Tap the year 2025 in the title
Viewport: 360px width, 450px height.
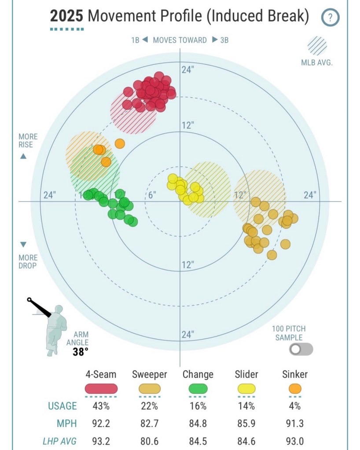click(66, 17)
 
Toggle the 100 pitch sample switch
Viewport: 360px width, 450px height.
click(301, 349)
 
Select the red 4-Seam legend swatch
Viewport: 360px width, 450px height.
click(101, 389)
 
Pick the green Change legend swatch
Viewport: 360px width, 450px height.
click(198, 389)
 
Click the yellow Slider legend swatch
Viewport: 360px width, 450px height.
click(246, 389)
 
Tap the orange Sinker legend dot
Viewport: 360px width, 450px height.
click(295, 389)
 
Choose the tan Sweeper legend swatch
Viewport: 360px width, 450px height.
click(150, 389)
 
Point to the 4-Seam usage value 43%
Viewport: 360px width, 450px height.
click(101, 406)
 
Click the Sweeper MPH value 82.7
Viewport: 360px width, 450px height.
click(150, 424)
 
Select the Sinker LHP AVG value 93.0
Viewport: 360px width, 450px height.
click(295, 441)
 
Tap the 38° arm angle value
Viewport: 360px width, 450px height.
click(81, 352)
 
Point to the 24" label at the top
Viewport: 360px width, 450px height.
click(187, 70)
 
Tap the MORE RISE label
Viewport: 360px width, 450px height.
click(28, 141)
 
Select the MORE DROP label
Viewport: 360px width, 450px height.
click(28, 261)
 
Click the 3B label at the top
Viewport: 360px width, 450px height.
click(224, 40)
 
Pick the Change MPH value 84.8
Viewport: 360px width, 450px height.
click(198, 424)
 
